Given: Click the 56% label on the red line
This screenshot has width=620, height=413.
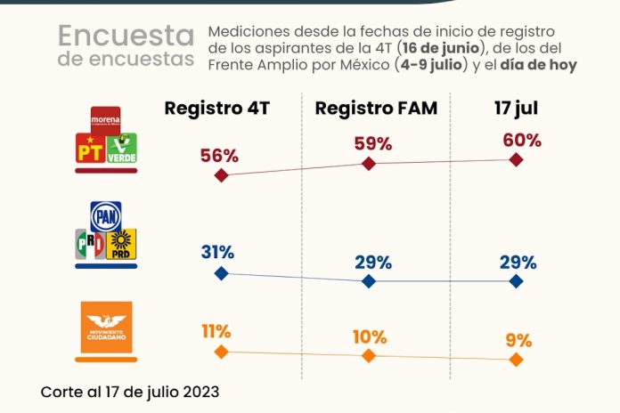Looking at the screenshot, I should coord(219,156).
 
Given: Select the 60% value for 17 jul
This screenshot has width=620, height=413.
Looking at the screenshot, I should coord(522,140).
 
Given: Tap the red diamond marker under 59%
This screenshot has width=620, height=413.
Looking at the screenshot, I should coord(370,164).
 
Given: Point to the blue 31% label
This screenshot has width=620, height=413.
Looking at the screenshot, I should coord(218,253).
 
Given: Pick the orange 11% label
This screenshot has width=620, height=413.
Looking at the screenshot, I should coord(216,331).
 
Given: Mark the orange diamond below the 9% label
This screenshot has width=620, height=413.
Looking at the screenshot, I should coord(517,360).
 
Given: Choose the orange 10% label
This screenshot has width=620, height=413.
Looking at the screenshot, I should coord(369,337).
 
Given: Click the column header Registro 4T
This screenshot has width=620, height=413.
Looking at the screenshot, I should coord(216,109).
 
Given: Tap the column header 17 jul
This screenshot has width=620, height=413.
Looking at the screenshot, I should coord(518,109).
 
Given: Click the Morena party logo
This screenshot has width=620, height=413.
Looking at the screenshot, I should coord(105,117).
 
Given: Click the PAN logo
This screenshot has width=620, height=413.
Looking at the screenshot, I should coord(105,215).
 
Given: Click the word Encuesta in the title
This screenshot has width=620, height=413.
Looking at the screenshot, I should coord(126,36).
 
